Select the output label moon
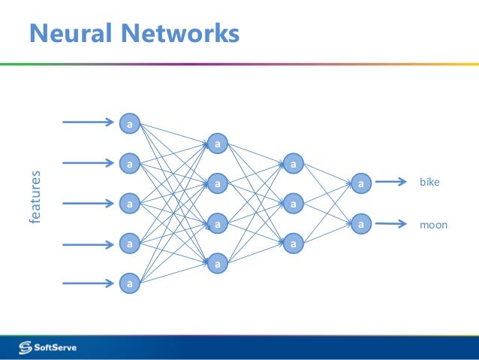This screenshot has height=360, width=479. tap(432, 223)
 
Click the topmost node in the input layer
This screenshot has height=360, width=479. tap(129, 122)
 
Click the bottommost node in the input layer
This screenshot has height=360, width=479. tap(129, 283)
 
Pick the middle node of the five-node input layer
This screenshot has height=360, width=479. tap(129, 203)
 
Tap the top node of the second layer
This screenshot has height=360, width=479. tap(218, 143)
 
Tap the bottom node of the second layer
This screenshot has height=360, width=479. tap(218, 263)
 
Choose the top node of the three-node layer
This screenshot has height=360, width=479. tap(294, 162)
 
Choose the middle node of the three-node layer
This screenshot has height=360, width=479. tap(294, 203)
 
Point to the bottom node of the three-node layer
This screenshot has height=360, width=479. tap(294, 244)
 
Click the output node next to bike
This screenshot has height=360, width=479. tap(360, 182)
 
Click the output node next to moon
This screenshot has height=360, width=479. tap(360, 223)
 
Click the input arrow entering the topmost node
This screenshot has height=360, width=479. tap(88, 122)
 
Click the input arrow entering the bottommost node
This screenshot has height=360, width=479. tap(88, 283)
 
